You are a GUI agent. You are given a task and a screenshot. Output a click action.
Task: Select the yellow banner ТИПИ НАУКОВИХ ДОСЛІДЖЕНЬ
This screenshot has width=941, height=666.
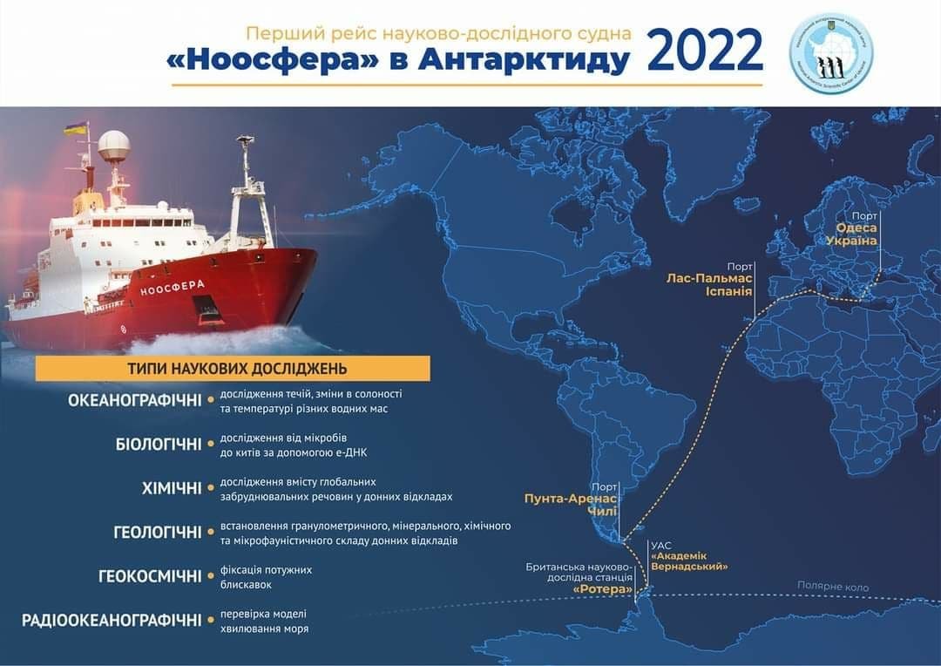(233, 368)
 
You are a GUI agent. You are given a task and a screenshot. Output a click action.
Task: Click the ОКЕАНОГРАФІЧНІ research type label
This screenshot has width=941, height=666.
(135, 401)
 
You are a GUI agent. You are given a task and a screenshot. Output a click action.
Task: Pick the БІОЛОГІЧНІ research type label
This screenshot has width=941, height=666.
(159, 445)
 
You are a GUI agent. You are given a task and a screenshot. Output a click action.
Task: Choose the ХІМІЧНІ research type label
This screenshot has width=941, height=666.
(172, 488)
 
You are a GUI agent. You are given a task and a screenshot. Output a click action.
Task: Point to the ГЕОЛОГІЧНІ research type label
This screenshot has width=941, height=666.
(158, 532)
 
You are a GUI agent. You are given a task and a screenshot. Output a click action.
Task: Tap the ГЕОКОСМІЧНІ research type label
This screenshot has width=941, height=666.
(151, 576)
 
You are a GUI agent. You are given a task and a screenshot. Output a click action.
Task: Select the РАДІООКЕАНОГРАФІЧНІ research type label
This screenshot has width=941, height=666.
(112, 621)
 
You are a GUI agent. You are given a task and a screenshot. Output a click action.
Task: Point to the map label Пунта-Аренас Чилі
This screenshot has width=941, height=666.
(570, 506)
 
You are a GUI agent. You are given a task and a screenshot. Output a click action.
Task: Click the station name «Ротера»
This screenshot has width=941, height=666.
(603, 588)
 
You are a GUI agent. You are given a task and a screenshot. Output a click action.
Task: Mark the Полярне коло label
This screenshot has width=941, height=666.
(833, 587)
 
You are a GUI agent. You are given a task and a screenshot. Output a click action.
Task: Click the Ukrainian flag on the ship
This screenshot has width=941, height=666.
(75, 130)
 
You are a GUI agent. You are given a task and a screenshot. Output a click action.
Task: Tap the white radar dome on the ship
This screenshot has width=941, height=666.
(113, 146)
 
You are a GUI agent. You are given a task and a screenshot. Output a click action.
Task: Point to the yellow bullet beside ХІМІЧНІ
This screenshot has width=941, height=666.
(211, 488)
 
